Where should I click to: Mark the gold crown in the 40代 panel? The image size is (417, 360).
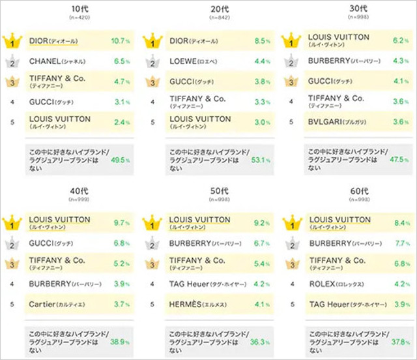point(12,223)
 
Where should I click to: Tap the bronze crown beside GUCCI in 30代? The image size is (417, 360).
point(292,82)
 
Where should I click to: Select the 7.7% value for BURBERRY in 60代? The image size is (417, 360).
point(398,244)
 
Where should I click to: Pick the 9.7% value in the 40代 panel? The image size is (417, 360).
point(120,223)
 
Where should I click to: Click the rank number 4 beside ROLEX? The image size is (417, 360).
point(292,284)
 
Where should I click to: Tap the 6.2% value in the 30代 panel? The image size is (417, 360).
point(398,41)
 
